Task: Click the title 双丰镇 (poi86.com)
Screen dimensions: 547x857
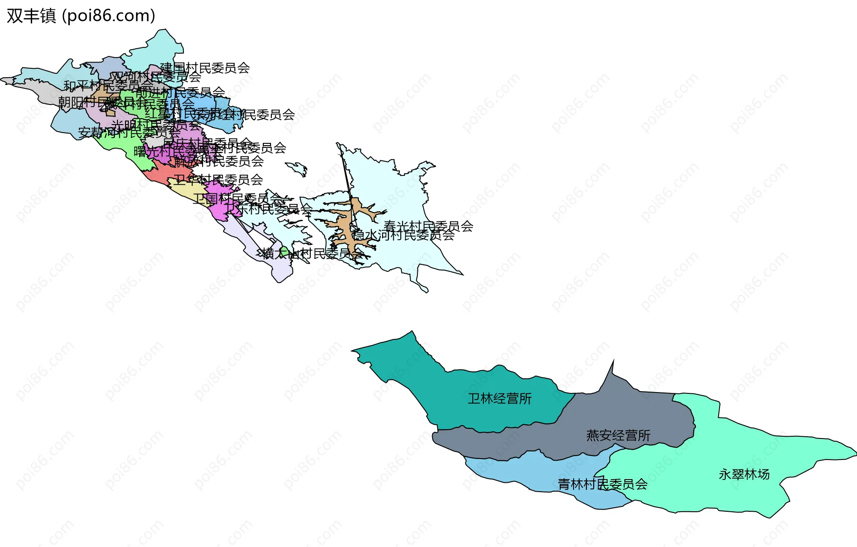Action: point(81,16)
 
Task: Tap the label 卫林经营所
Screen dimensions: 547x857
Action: point(499,398)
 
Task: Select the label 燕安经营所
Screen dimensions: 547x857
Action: point(618,435)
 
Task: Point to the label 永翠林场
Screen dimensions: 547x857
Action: point(744,474)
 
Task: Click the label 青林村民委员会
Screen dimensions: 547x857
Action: point(603,484)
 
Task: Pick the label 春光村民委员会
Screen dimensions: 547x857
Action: point(428,226)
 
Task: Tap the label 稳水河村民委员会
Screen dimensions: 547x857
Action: point(403,235)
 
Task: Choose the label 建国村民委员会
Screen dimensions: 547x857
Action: point(205,68)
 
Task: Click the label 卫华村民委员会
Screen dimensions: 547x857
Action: point(218,180)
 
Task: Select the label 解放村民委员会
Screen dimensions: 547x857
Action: point(219,161)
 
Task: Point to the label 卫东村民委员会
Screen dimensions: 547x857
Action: point(268,209)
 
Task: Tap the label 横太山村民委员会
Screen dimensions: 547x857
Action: point(312,254)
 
